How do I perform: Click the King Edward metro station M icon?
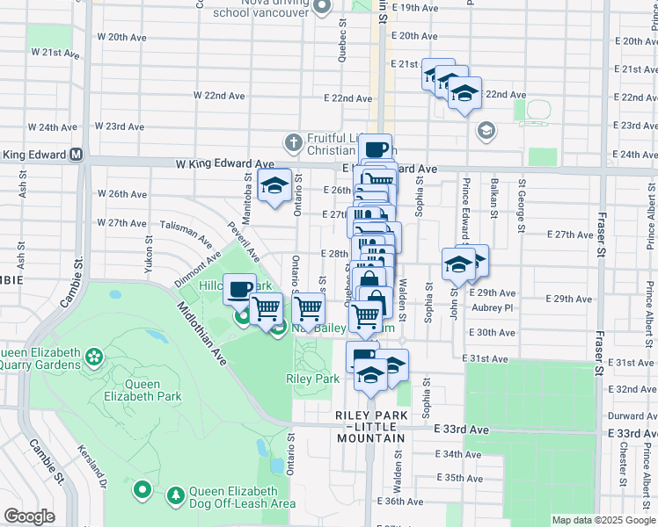[76, 155]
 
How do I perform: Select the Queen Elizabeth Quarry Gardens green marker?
[93, 357]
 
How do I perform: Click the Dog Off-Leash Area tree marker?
[177, 496]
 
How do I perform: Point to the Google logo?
[29, 516]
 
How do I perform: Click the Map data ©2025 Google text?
[603, 520]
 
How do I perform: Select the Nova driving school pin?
[323, 8]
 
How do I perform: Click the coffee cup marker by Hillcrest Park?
[238, 288]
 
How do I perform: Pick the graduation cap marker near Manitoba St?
[274, 186]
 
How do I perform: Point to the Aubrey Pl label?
[493, 308]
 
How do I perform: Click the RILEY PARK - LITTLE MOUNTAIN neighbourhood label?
[369, 425]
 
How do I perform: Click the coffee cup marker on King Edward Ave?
[375, 148]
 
